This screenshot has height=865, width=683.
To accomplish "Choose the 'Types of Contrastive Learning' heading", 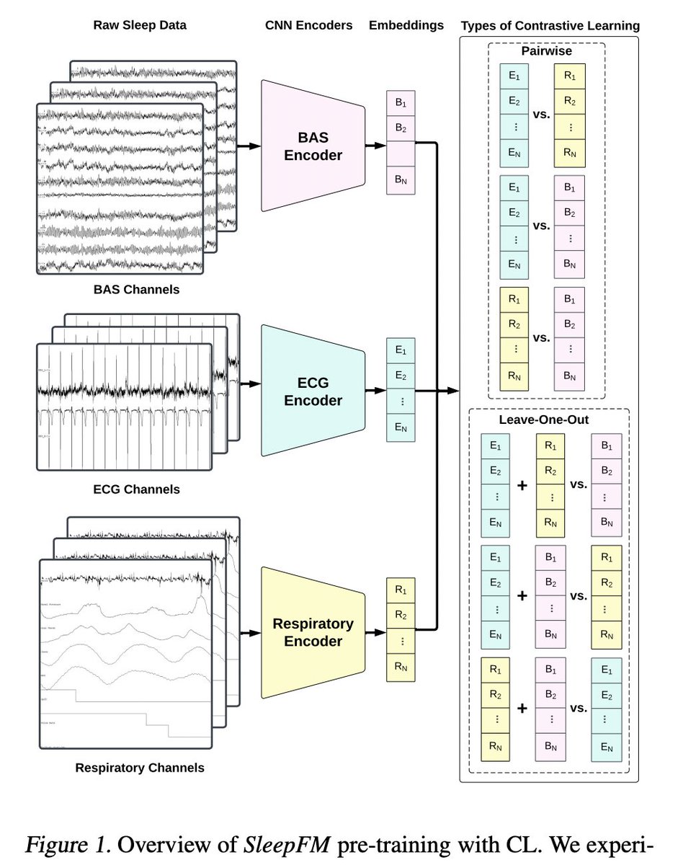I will (550, 26).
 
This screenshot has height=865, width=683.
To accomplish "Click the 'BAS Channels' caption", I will (136, 290).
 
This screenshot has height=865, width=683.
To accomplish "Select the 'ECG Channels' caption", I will (136, 489).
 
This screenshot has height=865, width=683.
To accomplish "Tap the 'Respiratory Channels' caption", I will (140, 768).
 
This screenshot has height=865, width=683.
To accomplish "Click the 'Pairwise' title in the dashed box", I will (546, 51).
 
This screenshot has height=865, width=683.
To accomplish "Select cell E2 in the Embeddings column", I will (400, 375).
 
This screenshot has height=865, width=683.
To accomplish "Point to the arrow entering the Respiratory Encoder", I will (249, 633).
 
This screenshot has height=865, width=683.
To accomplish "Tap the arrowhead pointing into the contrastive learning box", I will (454, 391).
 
